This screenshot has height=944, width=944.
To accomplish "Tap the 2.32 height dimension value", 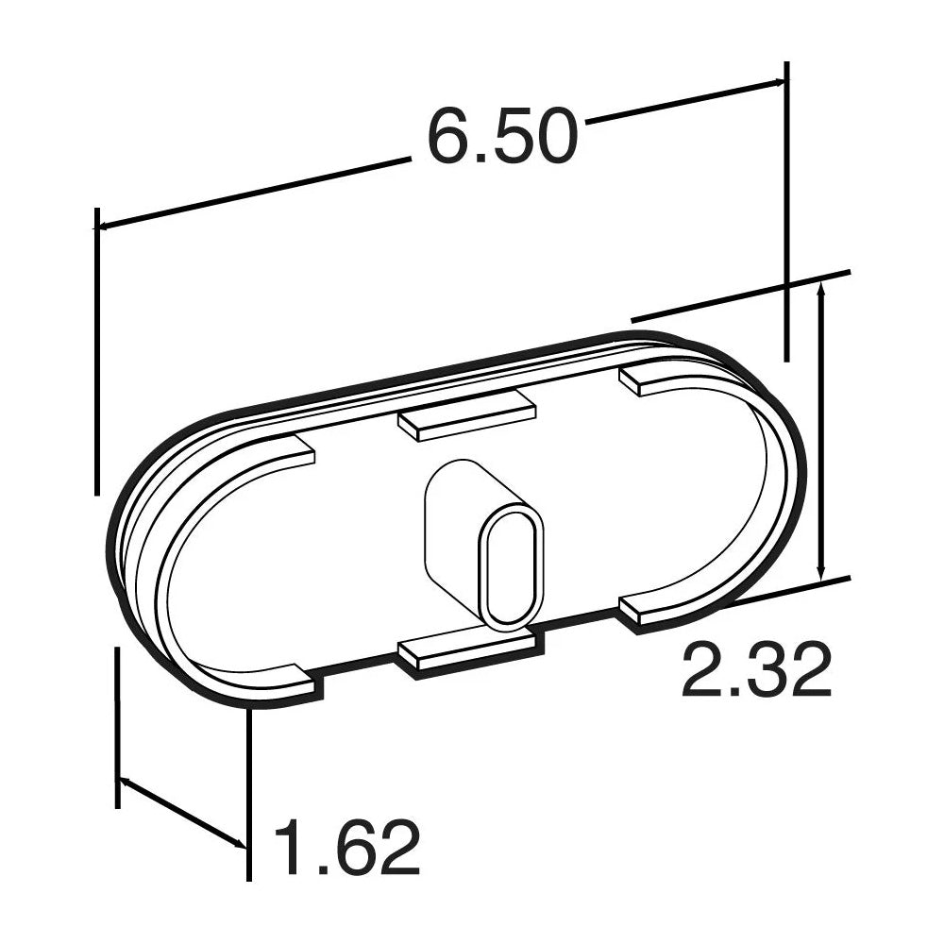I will point(755,669).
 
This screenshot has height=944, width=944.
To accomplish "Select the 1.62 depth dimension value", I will point(346,847).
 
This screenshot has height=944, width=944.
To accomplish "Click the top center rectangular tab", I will point(467,416).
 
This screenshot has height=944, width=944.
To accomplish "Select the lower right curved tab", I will point(651,608).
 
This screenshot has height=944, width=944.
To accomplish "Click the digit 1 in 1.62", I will point(289,847).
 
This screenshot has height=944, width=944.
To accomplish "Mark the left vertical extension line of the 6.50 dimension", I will point(96,349).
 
